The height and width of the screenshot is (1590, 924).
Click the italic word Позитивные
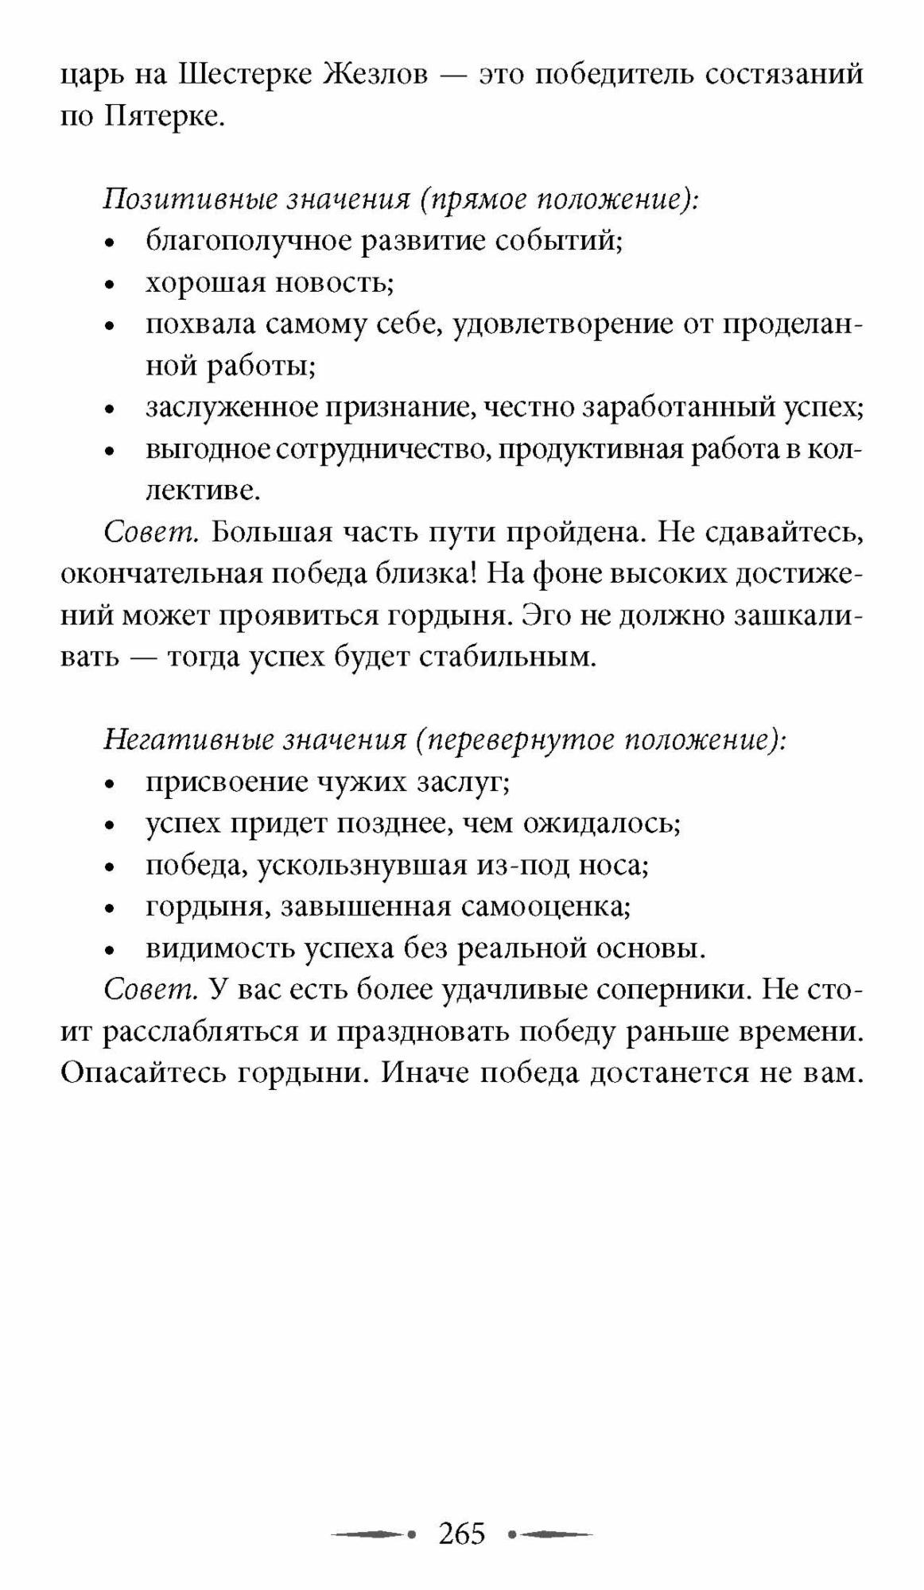click(188, 200)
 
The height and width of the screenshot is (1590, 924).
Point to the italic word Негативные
click(188, 740)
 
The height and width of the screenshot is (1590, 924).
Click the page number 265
click(462, 1533)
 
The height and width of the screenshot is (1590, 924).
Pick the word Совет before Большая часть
click(150, 533)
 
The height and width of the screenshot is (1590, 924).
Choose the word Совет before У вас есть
click(150, 991)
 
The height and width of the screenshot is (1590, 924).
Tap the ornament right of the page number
click(550, 1533)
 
